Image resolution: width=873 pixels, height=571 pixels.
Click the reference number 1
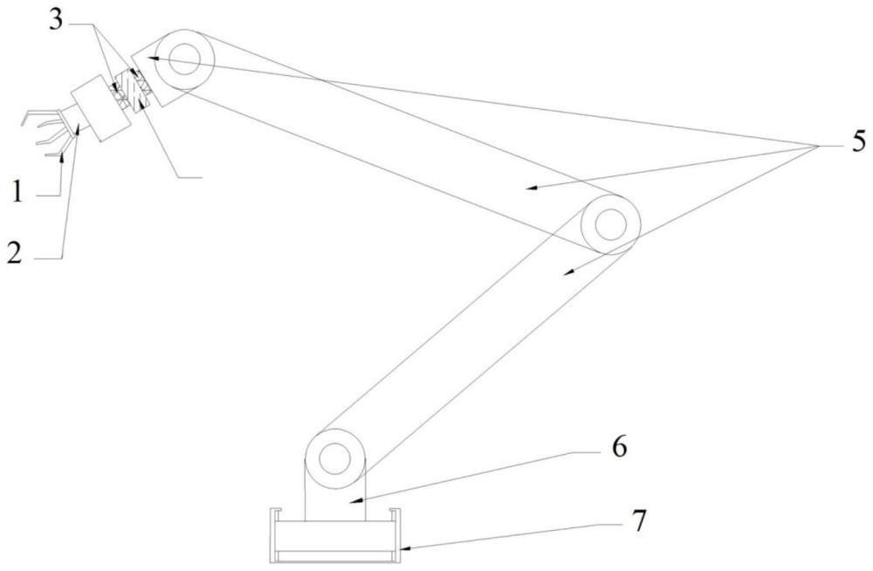[x=17, y=193]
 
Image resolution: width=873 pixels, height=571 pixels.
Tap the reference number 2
[x=15, y=253]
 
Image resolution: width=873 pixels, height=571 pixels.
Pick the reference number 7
[x=639, y=521]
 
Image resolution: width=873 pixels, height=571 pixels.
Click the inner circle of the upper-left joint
[x=184, y=59]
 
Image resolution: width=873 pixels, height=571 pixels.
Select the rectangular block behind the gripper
[x=100, y=108]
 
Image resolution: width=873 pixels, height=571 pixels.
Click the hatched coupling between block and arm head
[x=132, y=88]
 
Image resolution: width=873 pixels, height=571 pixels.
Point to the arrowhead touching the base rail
[x=405, y=548]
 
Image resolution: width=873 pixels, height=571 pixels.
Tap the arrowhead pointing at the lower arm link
[x=567, y=272]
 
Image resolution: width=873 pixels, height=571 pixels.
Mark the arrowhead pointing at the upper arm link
[x=532, y=188]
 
